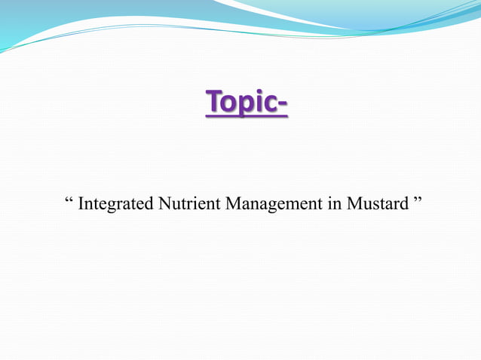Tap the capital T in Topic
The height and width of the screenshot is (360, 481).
tap(214, 104)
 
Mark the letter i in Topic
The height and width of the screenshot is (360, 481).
tap(259, 104)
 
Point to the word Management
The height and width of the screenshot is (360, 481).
tap(271, 204)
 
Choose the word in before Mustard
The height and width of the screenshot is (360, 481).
tap(334, 204)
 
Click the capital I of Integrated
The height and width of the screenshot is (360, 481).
tap(81, 204)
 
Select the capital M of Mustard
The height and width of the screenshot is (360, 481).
tap(353, 204)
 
